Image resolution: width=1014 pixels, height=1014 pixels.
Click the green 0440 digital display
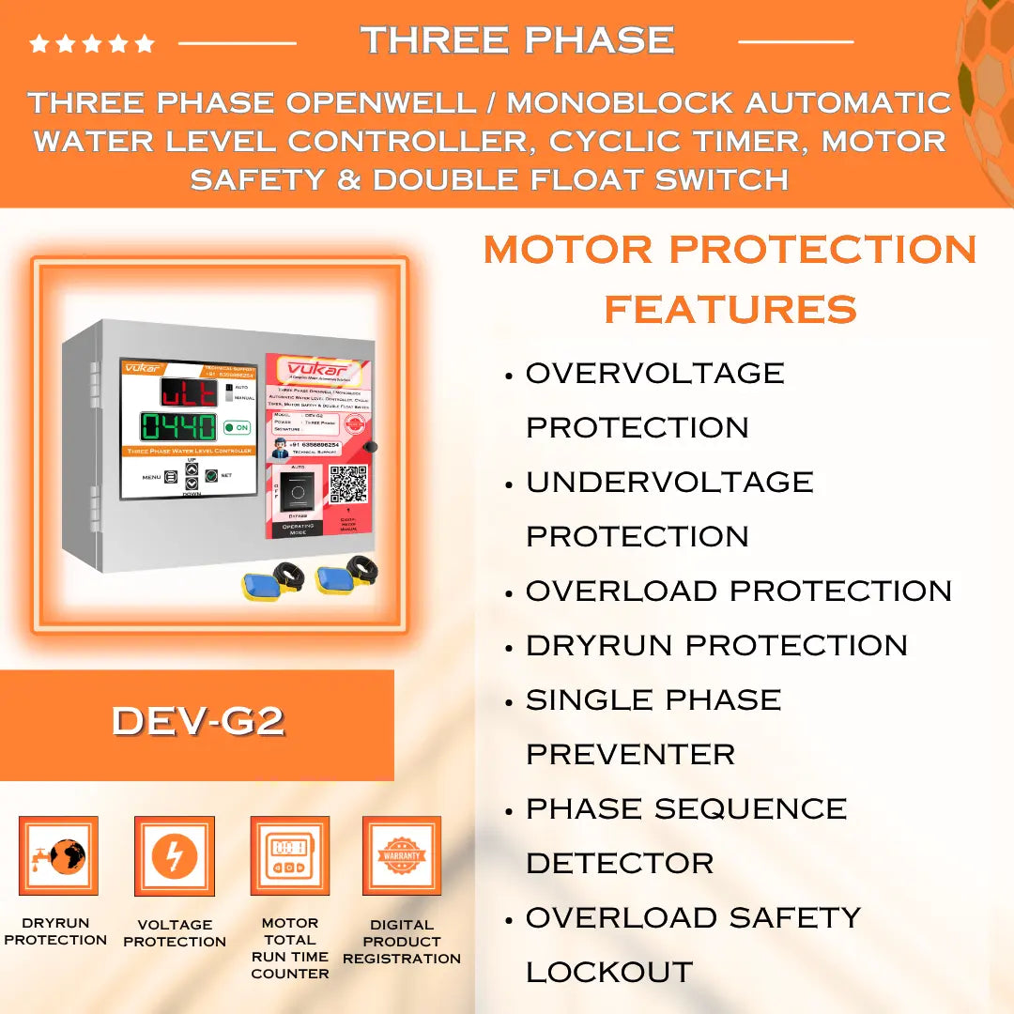178,426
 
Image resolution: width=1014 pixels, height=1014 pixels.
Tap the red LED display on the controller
188,392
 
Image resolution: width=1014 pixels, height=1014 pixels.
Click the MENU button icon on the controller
171,476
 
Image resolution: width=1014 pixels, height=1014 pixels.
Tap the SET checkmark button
211,475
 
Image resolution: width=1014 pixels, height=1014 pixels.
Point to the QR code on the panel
347,482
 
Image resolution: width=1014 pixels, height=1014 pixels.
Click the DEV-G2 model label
197,721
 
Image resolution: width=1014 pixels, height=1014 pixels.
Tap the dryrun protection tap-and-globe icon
58,856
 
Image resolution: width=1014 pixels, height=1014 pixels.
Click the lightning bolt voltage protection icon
175,856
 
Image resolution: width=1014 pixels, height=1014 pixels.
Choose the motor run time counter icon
289,856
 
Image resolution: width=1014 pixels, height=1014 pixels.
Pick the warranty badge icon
402,855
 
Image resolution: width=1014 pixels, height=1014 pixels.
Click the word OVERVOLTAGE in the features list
654,374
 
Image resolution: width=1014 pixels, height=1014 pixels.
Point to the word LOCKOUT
608,973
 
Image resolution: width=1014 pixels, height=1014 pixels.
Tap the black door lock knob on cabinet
371,448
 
